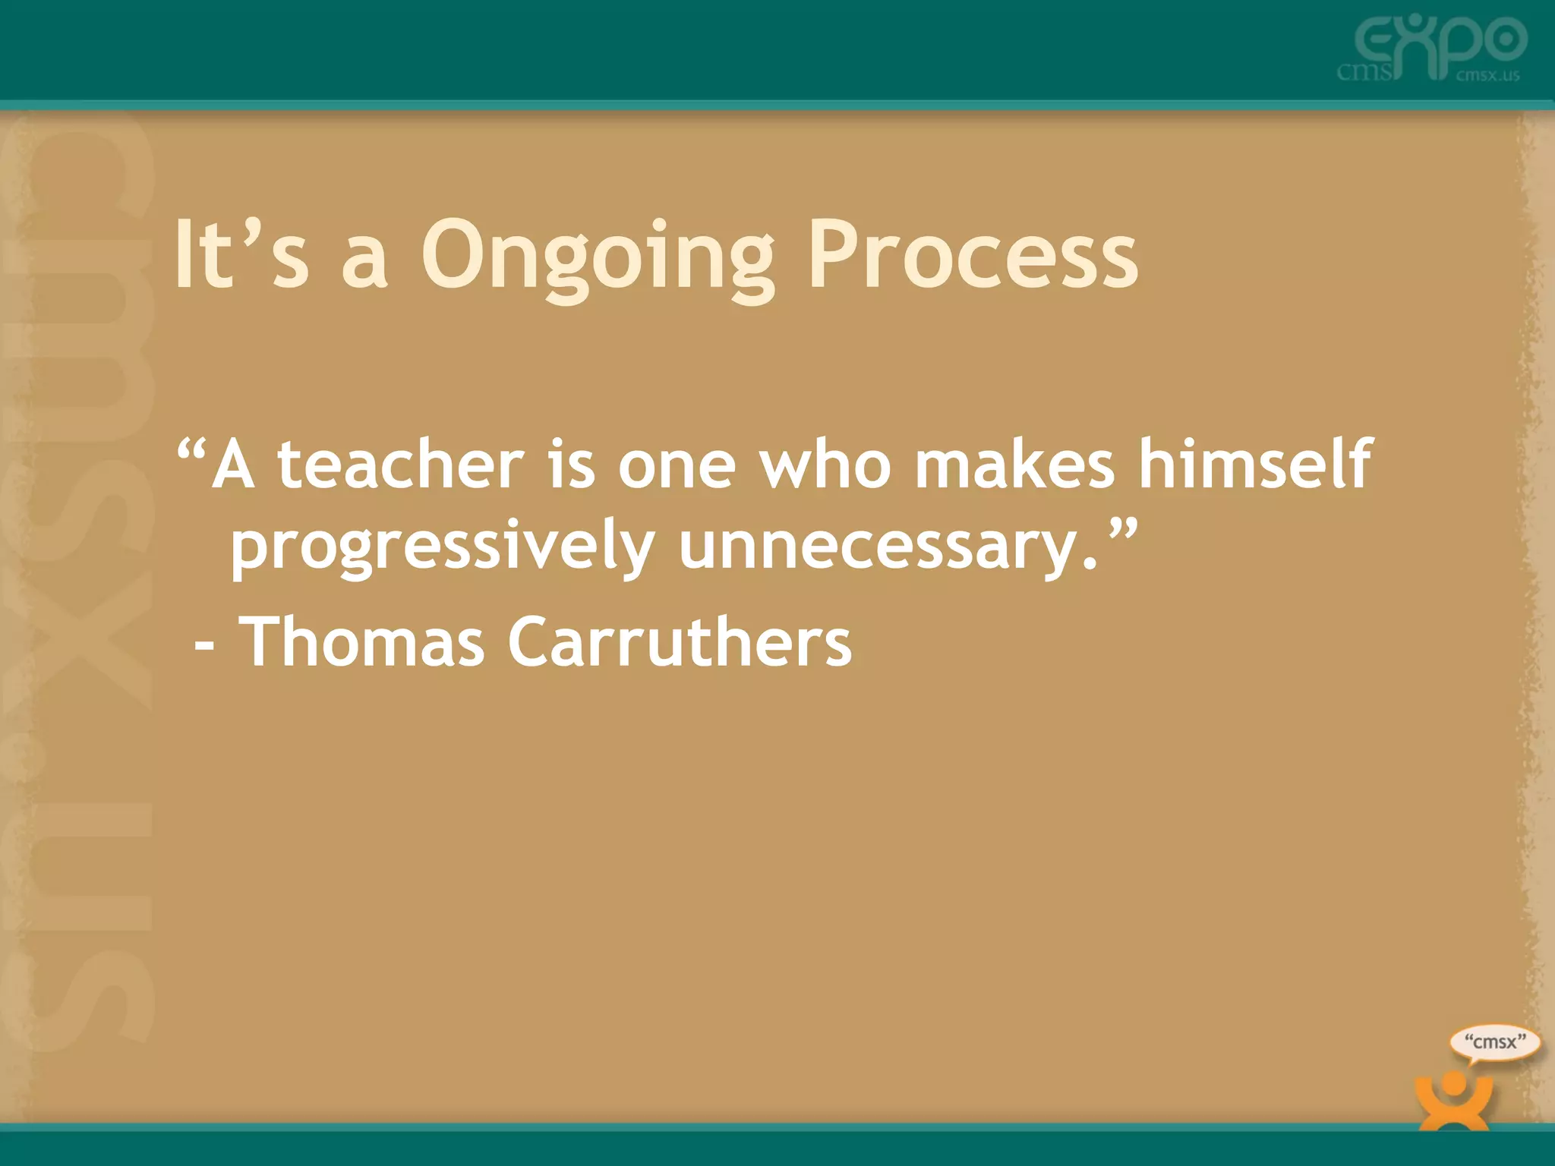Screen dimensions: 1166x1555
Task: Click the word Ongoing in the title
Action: pyautogui.click(x=598, y=257)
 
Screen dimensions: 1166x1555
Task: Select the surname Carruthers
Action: pyautogui.click(x=680, y=642)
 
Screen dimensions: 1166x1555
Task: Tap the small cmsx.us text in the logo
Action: pyautogui.click(x=1487, y=75)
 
